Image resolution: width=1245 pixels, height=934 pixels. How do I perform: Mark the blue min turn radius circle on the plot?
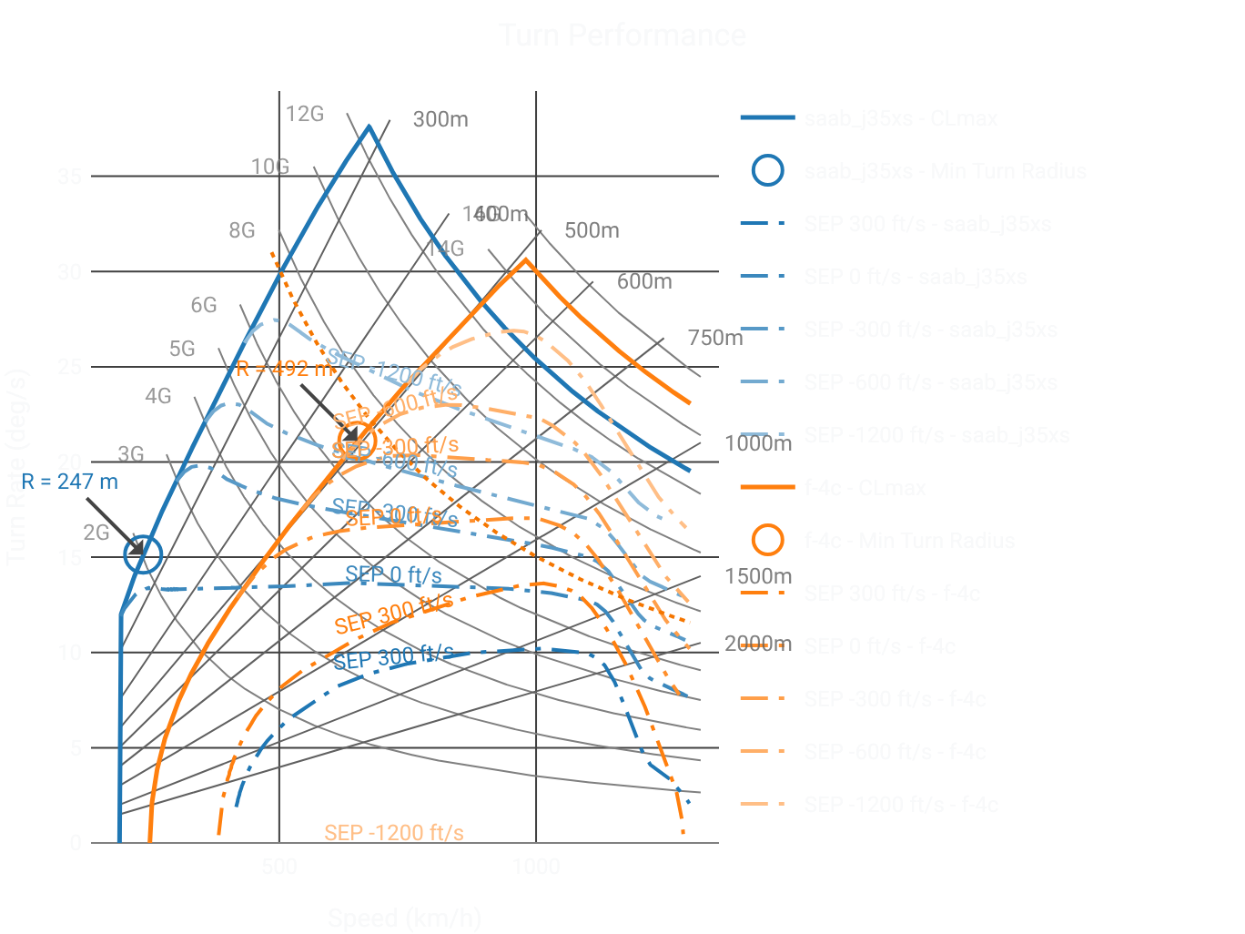[x=143, y=553]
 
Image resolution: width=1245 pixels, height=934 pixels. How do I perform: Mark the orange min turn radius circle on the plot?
[x=358, y=441]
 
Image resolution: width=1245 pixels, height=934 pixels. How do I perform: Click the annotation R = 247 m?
[x=69, y=482]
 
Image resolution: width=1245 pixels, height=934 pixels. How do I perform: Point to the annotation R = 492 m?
[x=285, y=369]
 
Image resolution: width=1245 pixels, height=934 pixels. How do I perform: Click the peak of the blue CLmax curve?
[x=369, y=127]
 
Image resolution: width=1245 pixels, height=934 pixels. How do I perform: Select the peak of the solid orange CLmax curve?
[x=526, y=259]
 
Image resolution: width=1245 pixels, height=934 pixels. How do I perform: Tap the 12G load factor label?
[x=304, y=114]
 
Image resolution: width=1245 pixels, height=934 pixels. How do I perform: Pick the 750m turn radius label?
[x=715, y=338]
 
